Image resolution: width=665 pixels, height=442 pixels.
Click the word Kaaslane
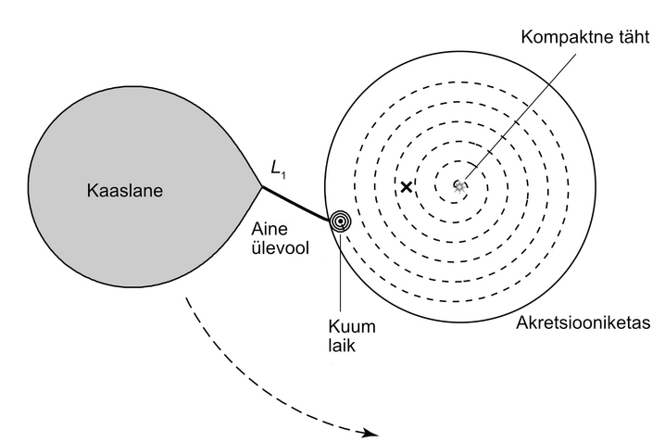tap(125, 191)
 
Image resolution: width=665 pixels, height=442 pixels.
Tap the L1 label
tap(278, 170)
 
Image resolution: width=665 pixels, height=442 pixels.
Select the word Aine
tap(270, 229)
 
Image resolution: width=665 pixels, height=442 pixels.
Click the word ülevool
tap(281, 247)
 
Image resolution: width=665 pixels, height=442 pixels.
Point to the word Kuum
tap(352, 326)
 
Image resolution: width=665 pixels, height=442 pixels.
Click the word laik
tap(342, 346)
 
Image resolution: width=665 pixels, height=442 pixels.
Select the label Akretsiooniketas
tap(583, 322)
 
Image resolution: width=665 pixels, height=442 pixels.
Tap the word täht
tap(630, 36)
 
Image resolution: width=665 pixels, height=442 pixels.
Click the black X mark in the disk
tap(407, 186)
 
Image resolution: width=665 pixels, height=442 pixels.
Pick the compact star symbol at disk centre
tap(459, 186)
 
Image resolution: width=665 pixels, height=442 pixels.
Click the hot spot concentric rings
tap(341, 221)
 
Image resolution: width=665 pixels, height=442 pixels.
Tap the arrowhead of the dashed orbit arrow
tap(371, 433)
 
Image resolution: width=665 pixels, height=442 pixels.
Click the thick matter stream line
tap(295, 204)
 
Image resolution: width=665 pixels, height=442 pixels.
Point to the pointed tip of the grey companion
tap(262, 186)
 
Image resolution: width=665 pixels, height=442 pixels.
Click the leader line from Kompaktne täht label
tap(521, 116)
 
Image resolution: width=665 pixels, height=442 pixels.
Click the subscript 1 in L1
tap(283, 175)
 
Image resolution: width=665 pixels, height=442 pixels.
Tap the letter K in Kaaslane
tap(93, 191)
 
